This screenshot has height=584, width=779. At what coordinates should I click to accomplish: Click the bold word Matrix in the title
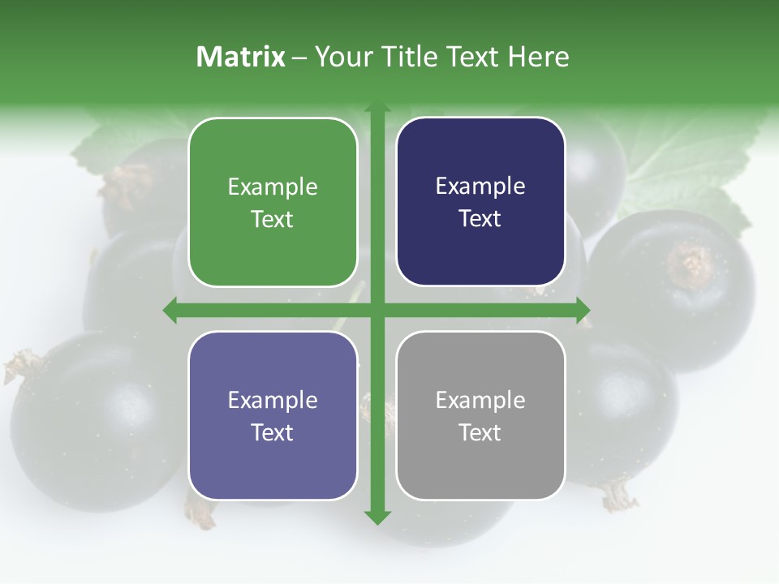click(241, 57)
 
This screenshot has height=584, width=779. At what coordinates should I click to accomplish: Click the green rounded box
click(273, 203)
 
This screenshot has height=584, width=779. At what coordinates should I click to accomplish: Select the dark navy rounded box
click(480, 202)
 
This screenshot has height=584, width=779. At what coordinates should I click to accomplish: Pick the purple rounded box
click(273, 416)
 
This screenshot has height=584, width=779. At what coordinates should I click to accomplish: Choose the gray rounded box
click(480, 415)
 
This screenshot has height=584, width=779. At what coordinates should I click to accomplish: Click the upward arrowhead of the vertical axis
click(377, 109)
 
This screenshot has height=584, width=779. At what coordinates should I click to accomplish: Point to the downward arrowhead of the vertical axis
click(377, 517)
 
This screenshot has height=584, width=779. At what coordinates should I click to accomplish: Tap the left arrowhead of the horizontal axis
click(169, 310)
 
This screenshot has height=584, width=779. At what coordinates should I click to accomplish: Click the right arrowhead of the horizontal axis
click(583, 310)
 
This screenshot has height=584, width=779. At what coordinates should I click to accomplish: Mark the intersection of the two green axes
click(377, 310)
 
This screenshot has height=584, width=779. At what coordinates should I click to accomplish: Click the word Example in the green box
click(273, 187)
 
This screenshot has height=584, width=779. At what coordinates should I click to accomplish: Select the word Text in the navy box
click(480, 218)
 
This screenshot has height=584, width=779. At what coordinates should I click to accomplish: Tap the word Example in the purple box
click(273, 401)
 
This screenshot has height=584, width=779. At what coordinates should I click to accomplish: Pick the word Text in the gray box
click(480, 432)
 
